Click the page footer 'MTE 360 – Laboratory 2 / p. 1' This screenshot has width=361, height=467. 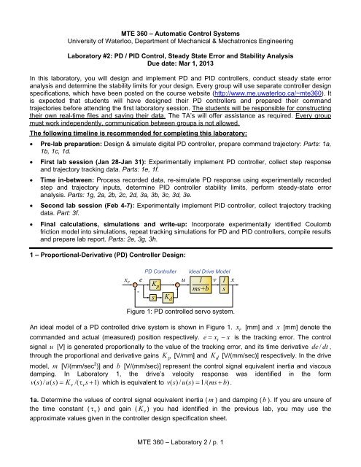[x=180, y=456]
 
